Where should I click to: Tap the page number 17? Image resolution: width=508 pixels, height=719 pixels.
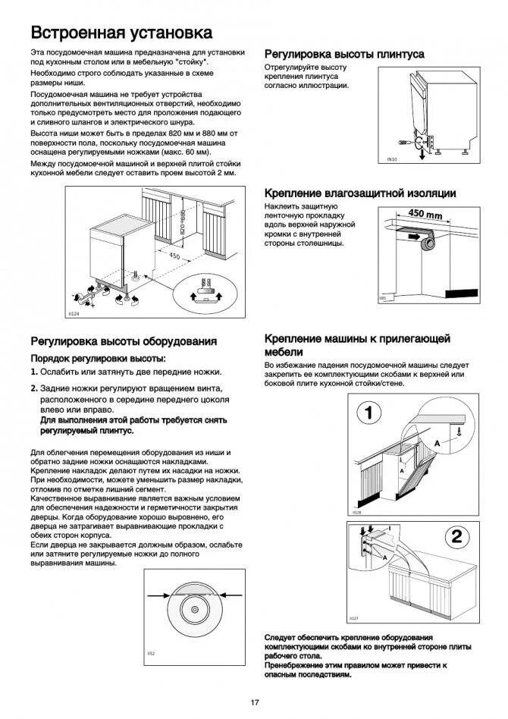tap(255, 702)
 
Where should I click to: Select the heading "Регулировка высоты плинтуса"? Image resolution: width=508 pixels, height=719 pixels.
tap(343, 55)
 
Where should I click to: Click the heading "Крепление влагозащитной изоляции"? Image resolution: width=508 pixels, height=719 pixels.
tap(359, 193)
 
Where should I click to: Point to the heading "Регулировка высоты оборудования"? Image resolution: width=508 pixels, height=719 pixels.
tap(124, 341)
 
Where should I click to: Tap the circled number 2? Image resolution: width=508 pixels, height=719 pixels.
tap(456, 536)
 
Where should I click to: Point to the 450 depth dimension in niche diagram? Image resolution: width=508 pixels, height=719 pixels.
tap(174, 256)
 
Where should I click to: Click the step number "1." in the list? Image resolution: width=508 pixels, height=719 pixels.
tap(34, 372)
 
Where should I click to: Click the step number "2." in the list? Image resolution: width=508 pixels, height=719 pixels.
tap(34, 388)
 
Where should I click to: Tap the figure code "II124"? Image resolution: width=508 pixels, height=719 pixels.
tap(74, 313)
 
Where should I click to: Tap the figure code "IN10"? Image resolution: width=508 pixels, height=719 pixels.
tap(392, 160)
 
